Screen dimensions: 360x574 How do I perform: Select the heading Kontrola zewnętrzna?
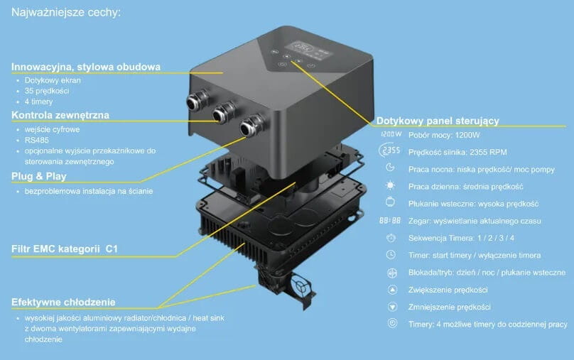(60, 115)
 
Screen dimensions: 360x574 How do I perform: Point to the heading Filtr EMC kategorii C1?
(64, 249)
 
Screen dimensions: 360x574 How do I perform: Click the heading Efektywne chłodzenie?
(63, 302)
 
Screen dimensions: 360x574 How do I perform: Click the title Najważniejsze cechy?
(60, 12)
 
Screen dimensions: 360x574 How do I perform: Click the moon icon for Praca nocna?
(390, 168)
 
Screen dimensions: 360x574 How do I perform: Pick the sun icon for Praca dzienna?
(390, 186)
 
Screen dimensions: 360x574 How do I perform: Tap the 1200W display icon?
(391, 134)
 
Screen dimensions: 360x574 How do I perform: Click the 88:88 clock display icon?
(390, 220)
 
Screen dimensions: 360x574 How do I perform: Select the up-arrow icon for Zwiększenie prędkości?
(391, 290)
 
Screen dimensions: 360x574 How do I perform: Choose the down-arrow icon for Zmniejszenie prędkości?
(391, 307)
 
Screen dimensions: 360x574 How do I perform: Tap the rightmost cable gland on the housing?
(248, 128)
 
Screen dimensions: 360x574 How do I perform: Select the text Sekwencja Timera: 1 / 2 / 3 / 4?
(462, 238)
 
